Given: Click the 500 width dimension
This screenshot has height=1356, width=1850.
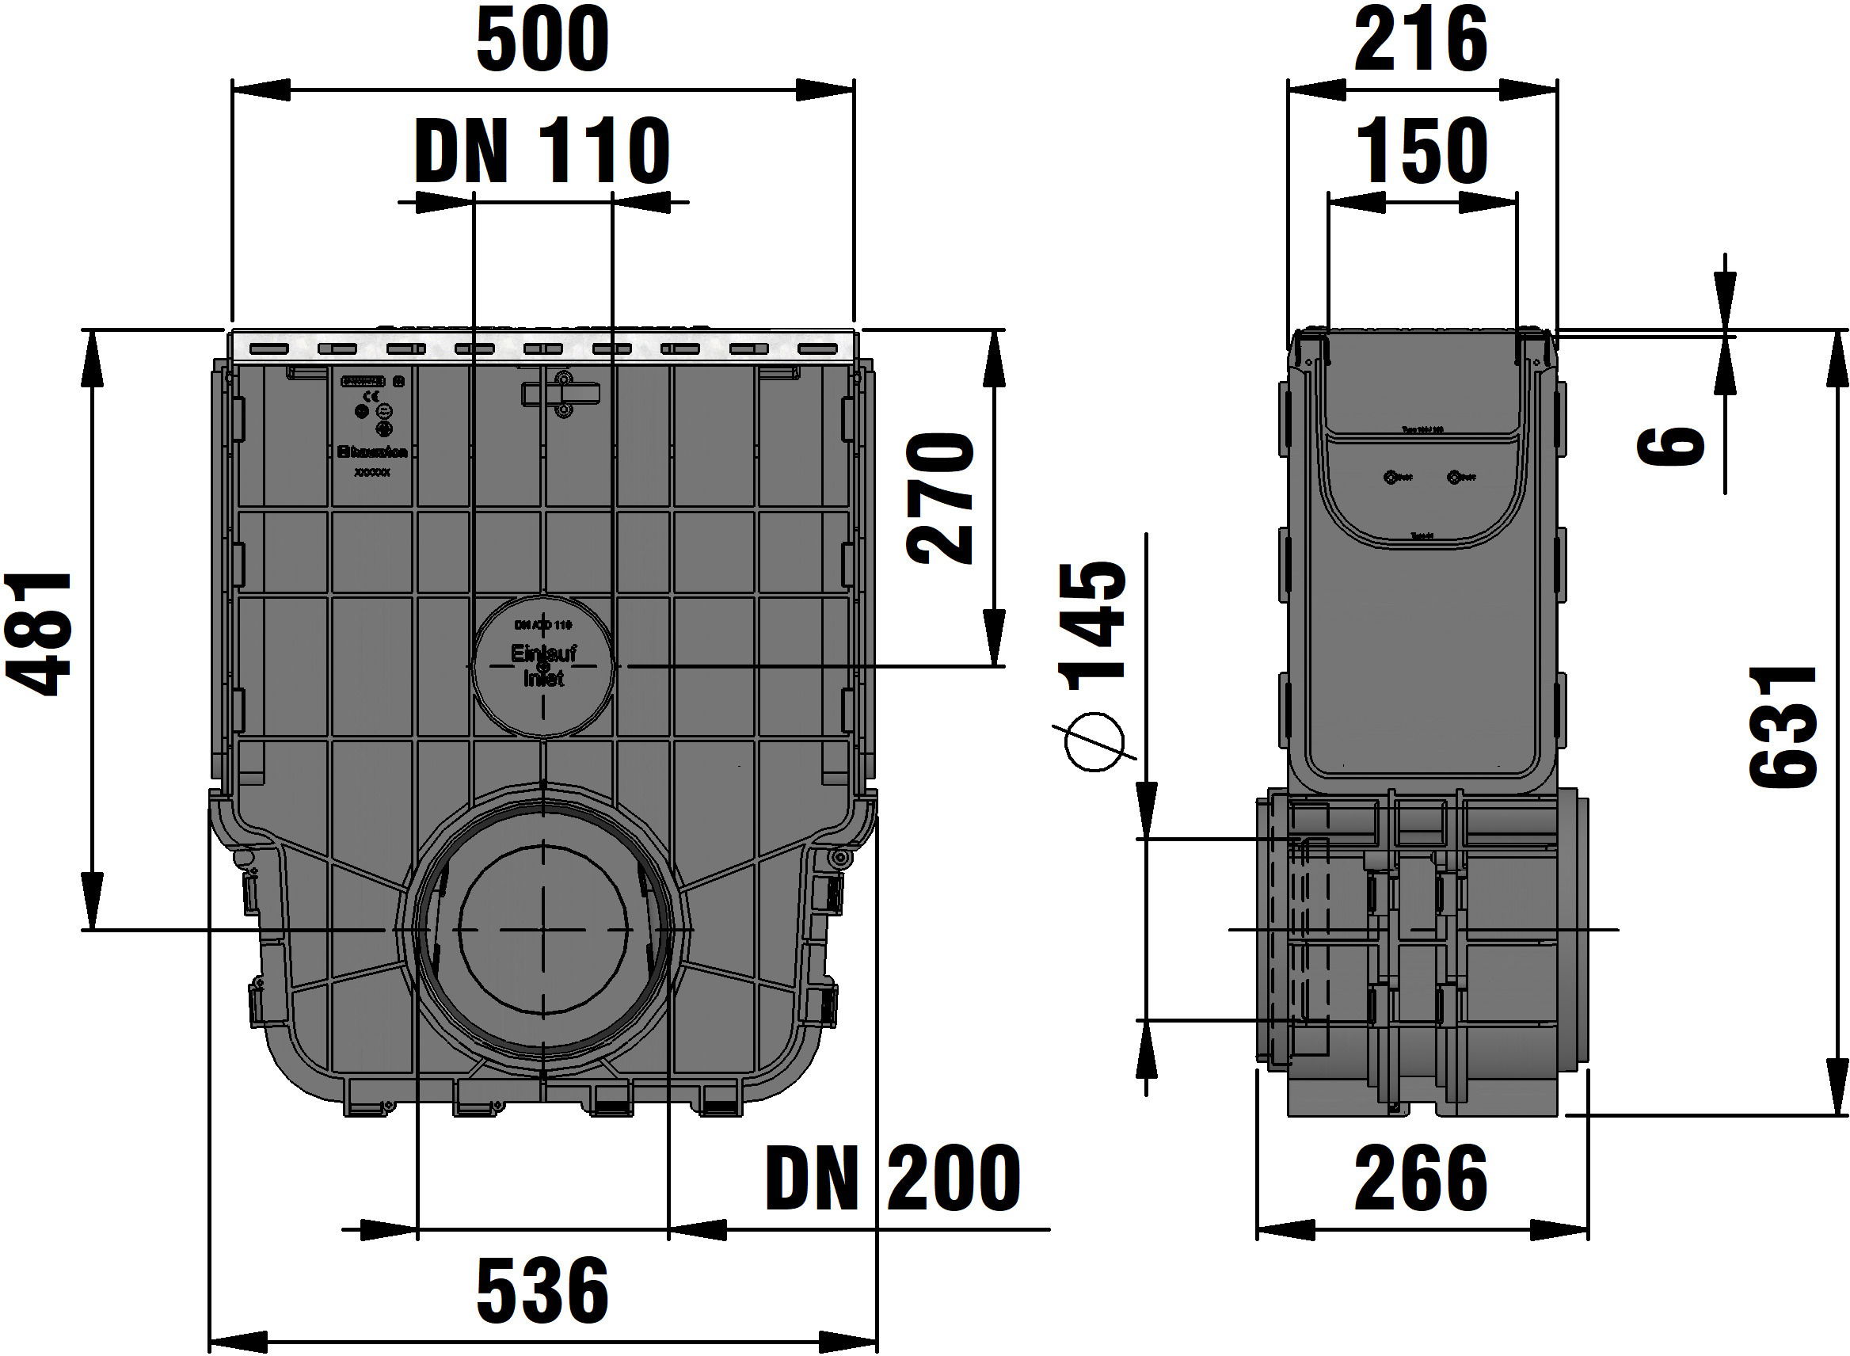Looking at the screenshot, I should click(542, 40).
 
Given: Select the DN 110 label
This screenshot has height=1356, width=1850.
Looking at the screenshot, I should click(542, 152).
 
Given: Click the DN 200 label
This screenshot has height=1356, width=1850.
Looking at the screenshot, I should click(893, 1178).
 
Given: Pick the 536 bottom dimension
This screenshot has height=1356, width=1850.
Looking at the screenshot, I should click(542, 1291).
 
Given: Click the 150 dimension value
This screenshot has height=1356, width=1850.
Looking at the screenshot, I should click(1422, 152).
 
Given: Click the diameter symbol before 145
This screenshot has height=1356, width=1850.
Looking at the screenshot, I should click(1093, 742).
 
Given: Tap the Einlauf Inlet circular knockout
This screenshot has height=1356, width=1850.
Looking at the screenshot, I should click(542, 665).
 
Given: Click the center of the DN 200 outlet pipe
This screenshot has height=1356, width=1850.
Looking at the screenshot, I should click(542, 929).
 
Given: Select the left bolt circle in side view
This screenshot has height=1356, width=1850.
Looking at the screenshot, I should click(1391, 477).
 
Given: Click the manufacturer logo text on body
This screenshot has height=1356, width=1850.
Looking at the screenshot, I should click(374, 451).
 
